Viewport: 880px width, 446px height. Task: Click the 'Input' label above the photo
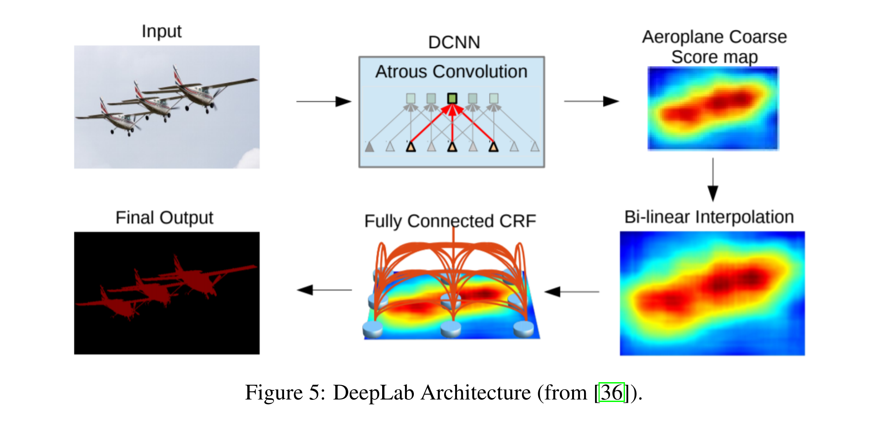tap(161, 32)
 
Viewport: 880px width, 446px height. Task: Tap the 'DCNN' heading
tap(454, 43)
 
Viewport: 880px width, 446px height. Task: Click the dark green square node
tap(452, 98)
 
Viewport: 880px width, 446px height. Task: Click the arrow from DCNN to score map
tap(591, 102)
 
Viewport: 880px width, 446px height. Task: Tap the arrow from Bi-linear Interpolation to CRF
tap(572, 291)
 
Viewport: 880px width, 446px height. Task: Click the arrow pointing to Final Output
tap(324, 290)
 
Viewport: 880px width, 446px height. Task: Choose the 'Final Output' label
tap(164, 218)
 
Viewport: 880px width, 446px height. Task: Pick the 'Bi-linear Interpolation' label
tap(709, 217)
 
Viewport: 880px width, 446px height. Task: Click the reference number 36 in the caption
tap(612, 392)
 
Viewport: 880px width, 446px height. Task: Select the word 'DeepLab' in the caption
tap(373, 392)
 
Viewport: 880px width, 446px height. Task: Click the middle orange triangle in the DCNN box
tap(452, 147)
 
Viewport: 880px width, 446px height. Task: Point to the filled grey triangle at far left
tap(369, 147)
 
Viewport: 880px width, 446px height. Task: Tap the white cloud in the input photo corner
tap(249, 159)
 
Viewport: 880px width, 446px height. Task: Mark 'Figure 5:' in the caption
tap(285, 392)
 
